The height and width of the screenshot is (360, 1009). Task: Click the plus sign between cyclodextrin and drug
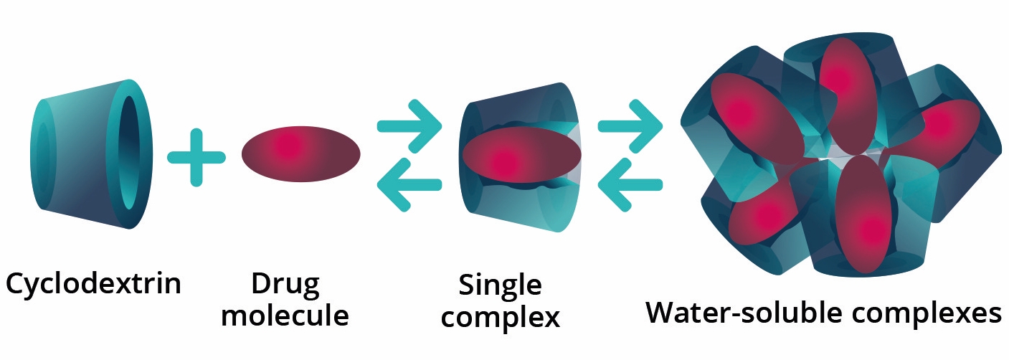[196, 157]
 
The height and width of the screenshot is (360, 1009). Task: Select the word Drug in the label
[285, 285]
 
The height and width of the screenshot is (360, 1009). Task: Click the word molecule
[285, 315]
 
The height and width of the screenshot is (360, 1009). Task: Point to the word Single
[500, 285]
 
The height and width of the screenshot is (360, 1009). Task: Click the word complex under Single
[500, 318]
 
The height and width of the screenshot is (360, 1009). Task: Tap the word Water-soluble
[744, 312]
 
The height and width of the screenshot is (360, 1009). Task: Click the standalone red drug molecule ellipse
[301, 153]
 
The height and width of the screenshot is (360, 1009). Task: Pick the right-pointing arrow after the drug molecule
[409, 125]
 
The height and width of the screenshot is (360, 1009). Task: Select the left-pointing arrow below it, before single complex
[409, 185]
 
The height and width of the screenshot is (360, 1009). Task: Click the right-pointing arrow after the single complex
[630, 126]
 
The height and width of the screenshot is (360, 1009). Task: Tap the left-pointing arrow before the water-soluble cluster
[630, 185]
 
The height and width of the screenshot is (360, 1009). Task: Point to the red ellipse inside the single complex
[521, 155]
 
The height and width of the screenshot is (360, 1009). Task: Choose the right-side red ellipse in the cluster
[932, 131]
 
